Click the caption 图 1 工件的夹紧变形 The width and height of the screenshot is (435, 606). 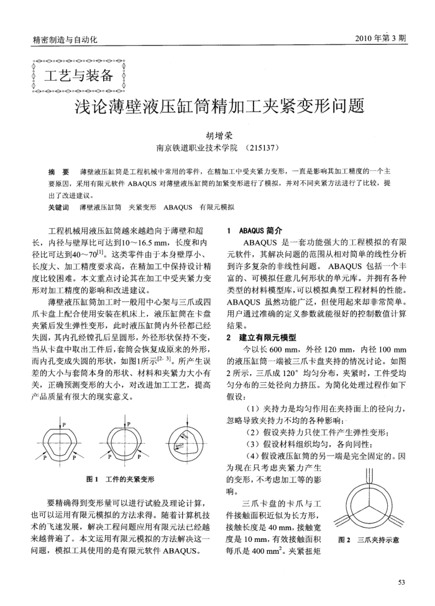120,479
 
